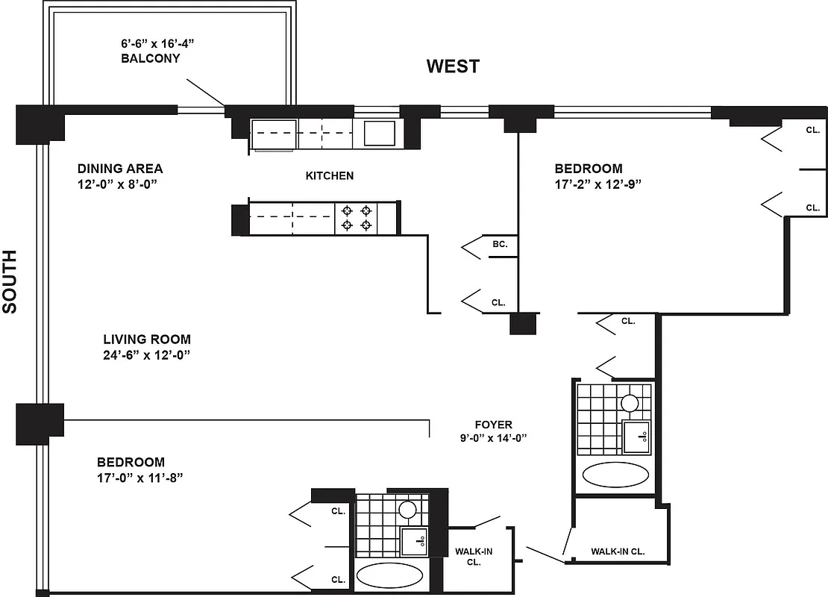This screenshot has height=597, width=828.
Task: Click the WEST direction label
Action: pos(453,66)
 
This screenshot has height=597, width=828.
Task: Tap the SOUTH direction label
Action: pos(10,281)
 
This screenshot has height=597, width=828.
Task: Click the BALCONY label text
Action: pos(150,58)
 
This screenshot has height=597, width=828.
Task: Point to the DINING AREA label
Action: pos(119,169)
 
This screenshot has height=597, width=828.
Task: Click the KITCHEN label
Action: pos(329,176)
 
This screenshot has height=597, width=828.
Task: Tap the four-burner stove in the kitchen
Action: pos(357,217)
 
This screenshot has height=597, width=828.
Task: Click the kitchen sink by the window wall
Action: pos(380,134)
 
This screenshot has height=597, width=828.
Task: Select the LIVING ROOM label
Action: pos(146,340)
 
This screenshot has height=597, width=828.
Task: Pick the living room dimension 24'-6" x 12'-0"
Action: pos(147,355)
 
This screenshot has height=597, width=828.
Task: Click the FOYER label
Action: pos(493,425)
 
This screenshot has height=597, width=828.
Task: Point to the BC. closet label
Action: pos(500,244)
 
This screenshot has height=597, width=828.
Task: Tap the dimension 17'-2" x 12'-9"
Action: pos(598,184)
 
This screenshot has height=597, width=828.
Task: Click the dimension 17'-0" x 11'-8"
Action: pos(139,478)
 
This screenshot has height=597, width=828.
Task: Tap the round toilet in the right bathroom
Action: pos(630,404)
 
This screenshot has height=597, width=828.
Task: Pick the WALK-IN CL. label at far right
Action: pos(618,552)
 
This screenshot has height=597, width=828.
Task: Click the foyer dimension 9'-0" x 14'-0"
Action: pos(493,439)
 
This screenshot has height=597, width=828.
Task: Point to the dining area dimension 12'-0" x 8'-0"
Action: pos(119,184)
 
